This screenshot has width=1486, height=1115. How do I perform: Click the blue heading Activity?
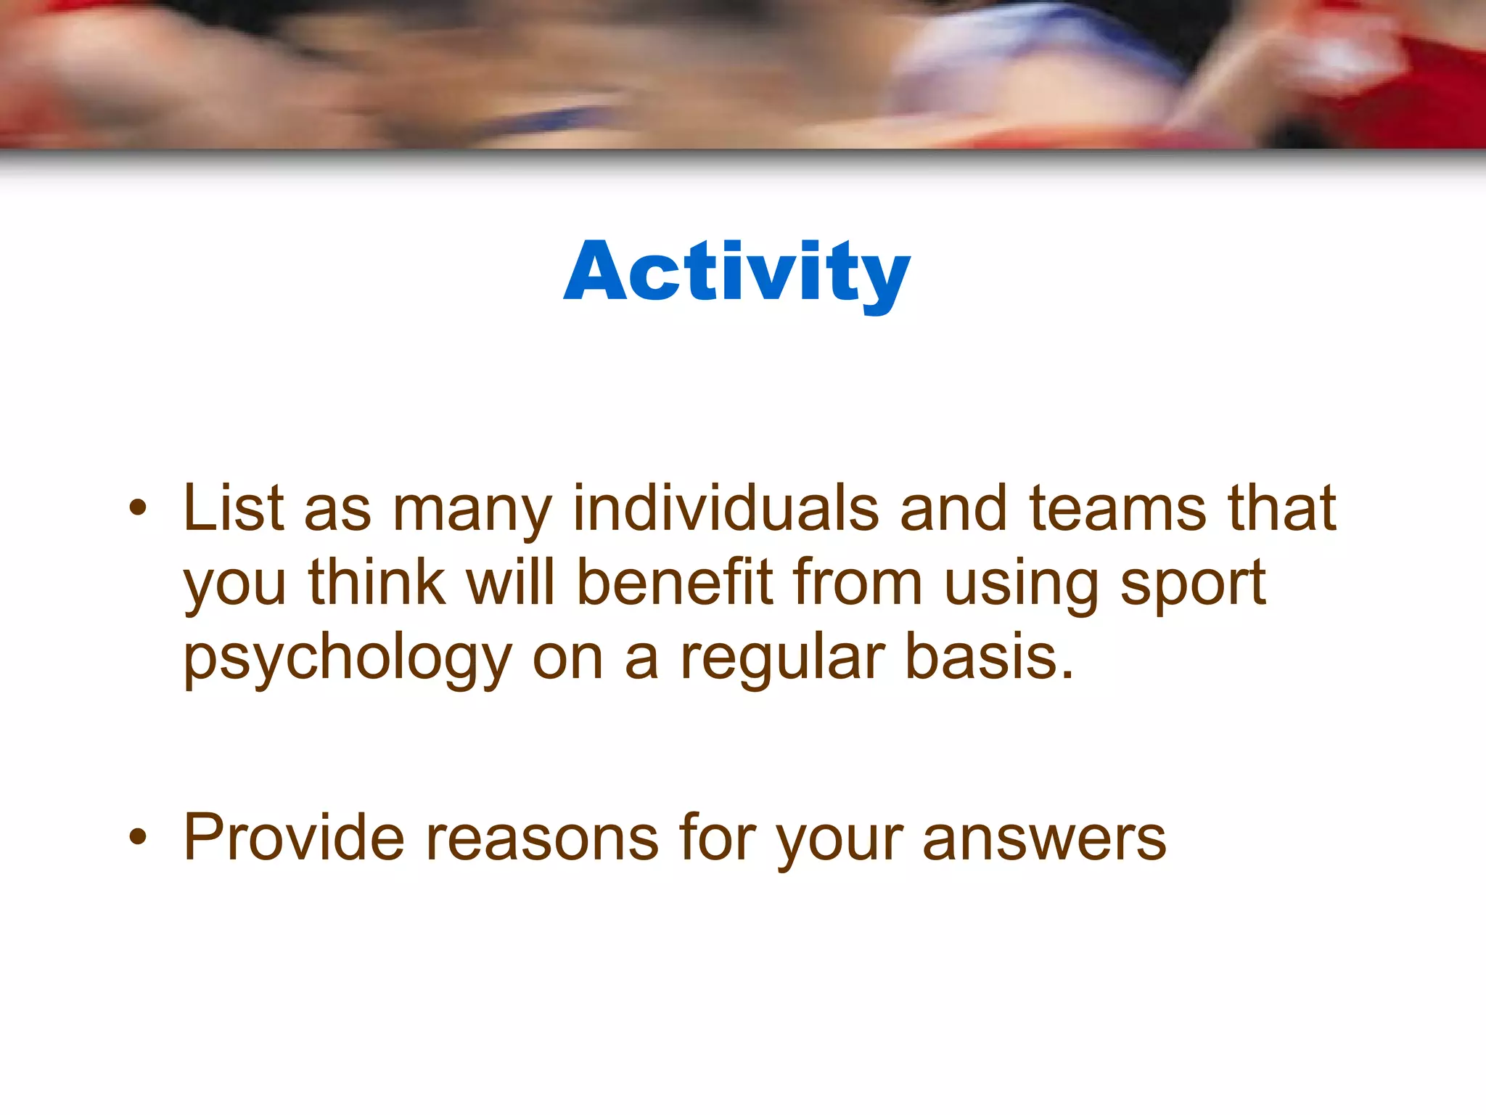[736, 272]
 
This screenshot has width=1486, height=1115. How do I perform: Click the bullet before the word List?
[137, 508]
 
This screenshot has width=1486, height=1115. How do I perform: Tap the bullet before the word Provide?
[137, 838]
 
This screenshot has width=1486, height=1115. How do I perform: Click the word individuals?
[726, 508]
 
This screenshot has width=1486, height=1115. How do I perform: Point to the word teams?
[1118, 508]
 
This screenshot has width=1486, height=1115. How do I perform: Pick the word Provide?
[293, 838]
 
